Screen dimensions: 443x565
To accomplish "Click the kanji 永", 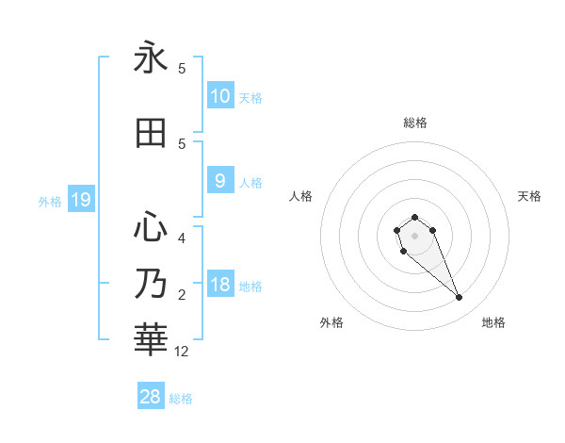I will (151, 58).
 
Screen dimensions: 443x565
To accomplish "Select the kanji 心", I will (151, 226).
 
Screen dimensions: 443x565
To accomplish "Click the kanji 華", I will (151, 337).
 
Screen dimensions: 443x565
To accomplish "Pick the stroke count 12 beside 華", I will (182, 352).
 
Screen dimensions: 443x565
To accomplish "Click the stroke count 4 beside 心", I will (182, 238).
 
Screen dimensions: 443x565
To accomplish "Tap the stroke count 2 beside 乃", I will (182, 295).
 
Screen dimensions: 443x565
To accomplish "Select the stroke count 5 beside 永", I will (182, 68).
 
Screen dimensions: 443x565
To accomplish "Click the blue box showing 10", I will (220, 96).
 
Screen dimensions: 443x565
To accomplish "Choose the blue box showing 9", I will (220, 181).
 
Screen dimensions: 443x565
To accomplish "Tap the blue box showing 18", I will (220, 286).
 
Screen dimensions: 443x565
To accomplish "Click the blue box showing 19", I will (81, 200).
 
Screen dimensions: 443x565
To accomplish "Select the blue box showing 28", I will (151, 397).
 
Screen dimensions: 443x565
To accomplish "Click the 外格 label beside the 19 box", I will (50, 201).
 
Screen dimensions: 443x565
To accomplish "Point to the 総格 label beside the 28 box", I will (181, 399).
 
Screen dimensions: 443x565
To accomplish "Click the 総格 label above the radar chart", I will (415, 123).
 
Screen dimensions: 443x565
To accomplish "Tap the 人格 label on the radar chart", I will (300, 196).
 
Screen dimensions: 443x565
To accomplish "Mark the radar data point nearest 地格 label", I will (460, 298).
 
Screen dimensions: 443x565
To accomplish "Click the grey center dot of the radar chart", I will (414, 236).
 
